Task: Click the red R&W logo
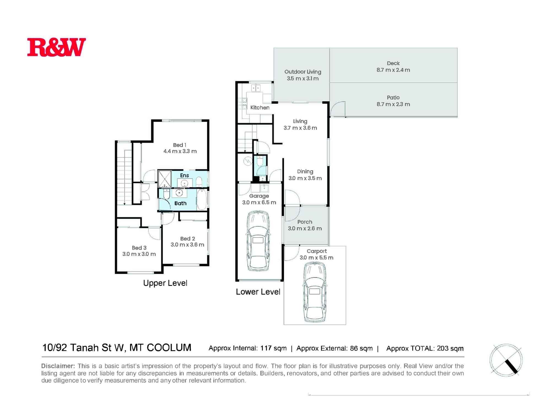[x=56, y=47]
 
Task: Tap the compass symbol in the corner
[x=506, y=360]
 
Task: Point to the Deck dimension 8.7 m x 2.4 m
[x=393, y=70]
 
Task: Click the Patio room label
[x=393, y=97]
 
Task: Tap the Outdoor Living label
[x=303, y=72]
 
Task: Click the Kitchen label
[x=260, y=108]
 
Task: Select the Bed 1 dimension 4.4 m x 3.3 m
[x=180, y=151]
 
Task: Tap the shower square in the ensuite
[x=164, y=179]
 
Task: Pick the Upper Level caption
[x=165, y=283]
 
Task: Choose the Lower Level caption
[x=258, y=292]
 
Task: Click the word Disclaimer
[x=58, y=366]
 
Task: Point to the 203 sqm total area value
[x=450, y=348]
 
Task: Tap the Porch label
[x=305, y=222]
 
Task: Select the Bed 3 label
[x=139, y=248]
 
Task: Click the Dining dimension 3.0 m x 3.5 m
[x=305, y=178]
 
